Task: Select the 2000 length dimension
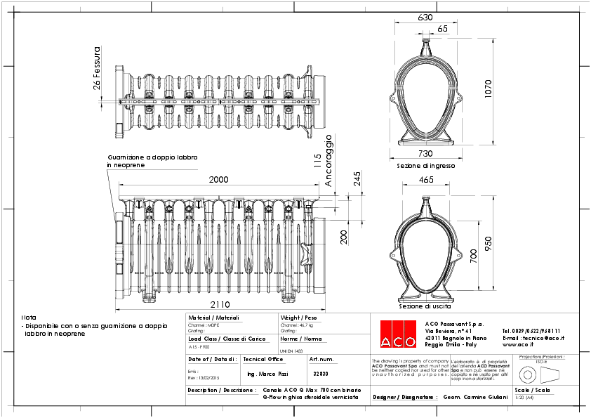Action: click(219, 180)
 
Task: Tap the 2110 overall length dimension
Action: click(219, 304)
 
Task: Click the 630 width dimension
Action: click(425, 18)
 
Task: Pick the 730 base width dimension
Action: click(425, 154)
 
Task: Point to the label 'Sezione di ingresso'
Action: click(425, 166)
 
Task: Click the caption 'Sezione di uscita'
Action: click(425, 306)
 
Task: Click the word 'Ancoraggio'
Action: click(328, 160)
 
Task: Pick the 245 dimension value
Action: click(357, 181)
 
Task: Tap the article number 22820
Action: click(320, 374)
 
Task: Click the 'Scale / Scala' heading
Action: click(532, 389)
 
